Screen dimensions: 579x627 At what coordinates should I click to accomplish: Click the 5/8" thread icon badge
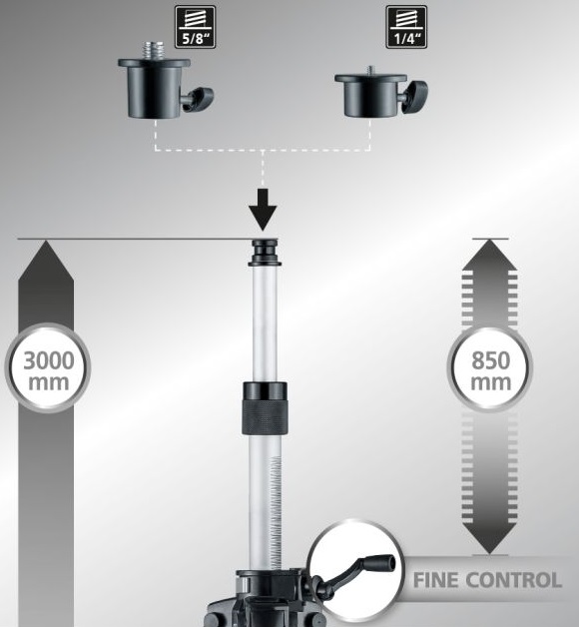pyautogui.click(x=195, y=27)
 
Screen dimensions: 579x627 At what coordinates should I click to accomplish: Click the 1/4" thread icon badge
pyautogui.click(x=406, y=27)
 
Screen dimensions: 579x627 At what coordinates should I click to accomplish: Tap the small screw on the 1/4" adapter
pyautogui.click(x=371, y=70)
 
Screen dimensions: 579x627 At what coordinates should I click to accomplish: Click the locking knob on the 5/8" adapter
pyautogui.click(x=199, y=99)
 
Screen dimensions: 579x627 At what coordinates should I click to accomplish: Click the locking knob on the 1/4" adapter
pyautogui.click(x=415, y=97)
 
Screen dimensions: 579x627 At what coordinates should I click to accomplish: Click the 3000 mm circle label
pyautogui.click(x=48, y=367)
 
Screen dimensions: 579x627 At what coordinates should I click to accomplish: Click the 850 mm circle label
pyautogui.click(x=490, y=368)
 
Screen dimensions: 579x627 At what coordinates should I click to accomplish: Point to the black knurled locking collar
pyautogui.click(x=265, y=408)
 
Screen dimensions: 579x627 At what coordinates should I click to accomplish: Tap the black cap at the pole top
pyautogui.click(x=265, y=253)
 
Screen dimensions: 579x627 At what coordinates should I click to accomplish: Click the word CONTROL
pyautogui.click(x=514, y=580)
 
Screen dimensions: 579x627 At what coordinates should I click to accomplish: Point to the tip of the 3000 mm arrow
pyautogui.click(x=46, y=241)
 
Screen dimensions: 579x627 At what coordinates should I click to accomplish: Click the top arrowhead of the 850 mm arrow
pyautogui.click(x=490, y=256)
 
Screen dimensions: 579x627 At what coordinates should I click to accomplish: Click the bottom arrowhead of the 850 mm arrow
pyautogui.click(x=490, y=538)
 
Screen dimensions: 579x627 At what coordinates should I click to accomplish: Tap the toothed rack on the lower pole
pyautogui.click(x=276, y=512)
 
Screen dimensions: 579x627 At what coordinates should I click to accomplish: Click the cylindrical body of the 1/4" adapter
pyautogui.click(x=370, y=96)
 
